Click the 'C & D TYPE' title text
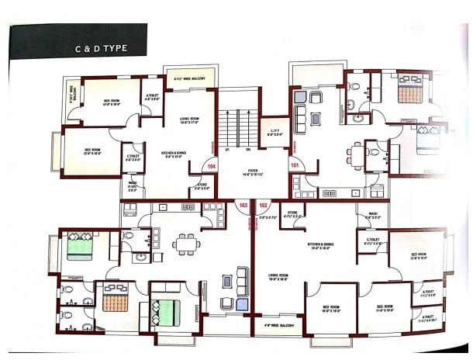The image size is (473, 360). tap(101, 47)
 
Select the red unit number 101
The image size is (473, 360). tap(294, 165)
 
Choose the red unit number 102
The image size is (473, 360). tap(263, 206)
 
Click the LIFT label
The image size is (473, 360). tap(274, 132)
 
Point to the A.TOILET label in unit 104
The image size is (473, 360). tap(152, 97)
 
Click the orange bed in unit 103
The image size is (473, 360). tap(114, 297)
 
